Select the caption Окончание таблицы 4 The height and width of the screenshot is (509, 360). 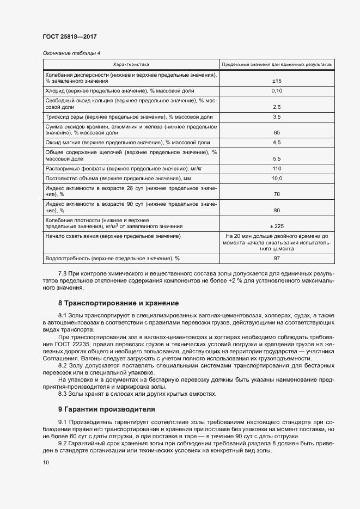tap(71, 53)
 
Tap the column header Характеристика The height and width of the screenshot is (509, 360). tap(130, 64)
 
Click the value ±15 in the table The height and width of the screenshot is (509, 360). tap(276, 81)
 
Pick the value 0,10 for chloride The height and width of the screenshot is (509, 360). tap(276, 90)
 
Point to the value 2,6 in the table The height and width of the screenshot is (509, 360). tap(276, 107)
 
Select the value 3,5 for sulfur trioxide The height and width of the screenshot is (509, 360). tap(276, 117)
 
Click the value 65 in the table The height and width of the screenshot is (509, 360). tap(276, 133)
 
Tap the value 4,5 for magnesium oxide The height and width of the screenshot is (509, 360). tap(276, 143)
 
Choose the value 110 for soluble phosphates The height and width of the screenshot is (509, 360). tap(276, 169)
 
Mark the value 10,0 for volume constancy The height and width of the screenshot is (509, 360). tap(276, 179)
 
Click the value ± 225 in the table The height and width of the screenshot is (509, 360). tap(276, 226)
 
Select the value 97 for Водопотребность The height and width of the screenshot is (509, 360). tap(276, 258)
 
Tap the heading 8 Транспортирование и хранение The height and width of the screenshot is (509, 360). tap(118, 303)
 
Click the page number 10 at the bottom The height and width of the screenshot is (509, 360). tap(46, 462)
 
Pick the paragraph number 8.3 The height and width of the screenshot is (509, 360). tap(64, 394)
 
